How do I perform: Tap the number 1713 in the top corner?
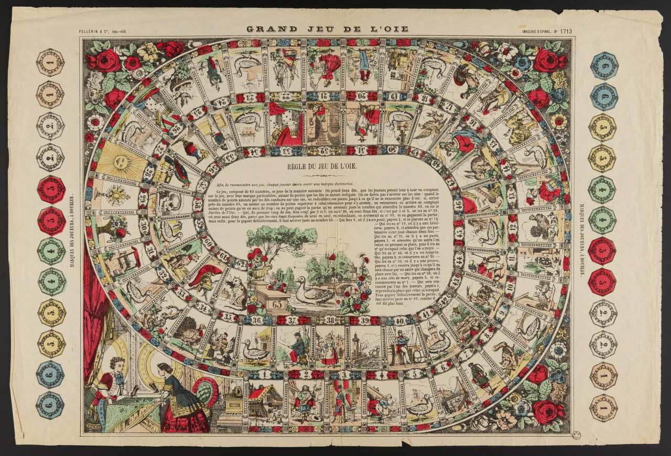click(x=566, y=31)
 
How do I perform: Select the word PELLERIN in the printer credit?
click(x=92, y=31)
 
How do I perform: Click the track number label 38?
click(x=331, y=319)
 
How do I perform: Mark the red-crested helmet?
click(x=205, y=277)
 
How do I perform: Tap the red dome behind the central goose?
click(x=332, y=257)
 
